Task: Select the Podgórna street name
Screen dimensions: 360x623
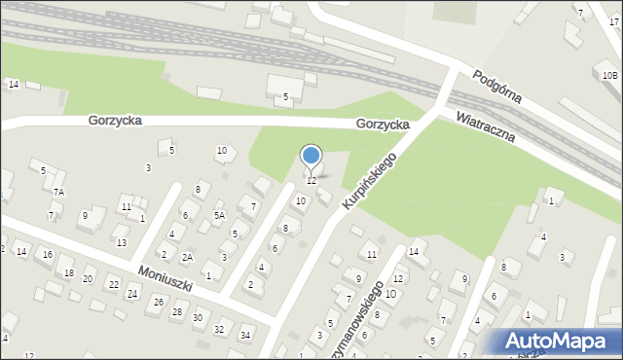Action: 496,87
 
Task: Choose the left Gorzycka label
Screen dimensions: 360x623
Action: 115,121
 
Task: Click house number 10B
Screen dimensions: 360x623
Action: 608,75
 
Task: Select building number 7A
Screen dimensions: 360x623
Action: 59,193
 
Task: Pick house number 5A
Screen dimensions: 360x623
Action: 220,215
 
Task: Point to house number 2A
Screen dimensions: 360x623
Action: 188,257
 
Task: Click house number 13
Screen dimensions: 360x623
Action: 122,242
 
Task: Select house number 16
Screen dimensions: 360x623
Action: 48,254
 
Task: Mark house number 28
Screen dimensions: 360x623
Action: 176,311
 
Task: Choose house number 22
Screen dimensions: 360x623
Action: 113,284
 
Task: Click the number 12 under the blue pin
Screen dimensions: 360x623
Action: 311,180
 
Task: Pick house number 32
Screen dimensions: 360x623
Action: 219,330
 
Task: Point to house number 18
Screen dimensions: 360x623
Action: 68,272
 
